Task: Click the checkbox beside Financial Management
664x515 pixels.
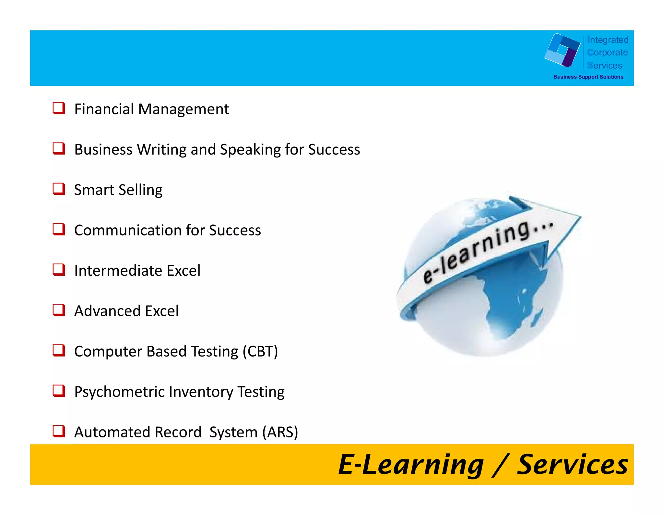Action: (x=59, y=108)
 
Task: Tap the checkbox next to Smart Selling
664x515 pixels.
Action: (x=59, y=189)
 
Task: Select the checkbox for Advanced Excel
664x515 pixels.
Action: (x=59, y=310)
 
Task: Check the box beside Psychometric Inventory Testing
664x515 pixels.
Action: (x=59, y=391)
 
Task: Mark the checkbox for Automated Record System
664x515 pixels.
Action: (x=59, y=431)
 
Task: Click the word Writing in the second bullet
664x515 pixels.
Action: (x=162, y=150)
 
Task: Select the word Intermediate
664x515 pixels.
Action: (x=118, y=271)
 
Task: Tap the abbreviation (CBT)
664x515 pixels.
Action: (x=260, y=352)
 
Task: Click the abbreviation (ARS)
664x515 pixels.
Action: (x=280, y=433)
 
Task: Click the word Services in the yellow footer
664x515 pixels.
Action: (x=573, y=465)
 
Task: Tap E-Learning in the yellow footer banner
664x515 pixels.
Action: (x=411, y=465)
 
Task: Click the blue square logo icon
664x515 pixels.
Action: (x=563, y=50)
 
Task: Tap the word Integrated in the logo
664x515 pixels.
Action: (x=608, y=40)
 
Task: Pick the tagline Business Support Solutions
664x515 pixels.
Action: (x=588, y=77)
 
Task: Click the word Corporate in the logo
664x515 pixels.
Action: (x=608, y=53)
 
